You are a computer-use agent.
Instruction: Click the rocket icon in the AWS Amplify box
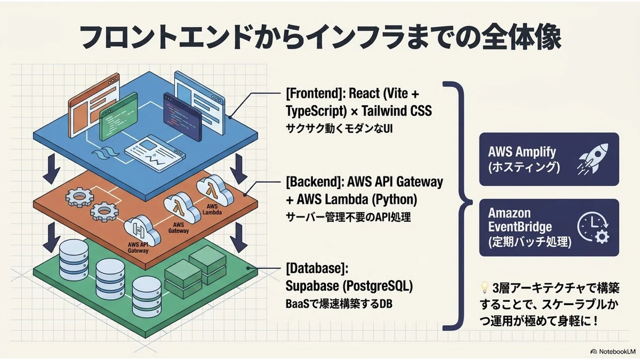coord(593,159)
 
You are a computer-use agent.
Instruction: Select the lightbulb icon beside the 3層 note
coord(484,287)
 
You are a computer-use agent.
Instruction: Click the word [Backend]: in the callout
coord(314,182)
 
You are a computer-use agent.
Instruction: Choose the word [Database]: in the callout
coord(317,268)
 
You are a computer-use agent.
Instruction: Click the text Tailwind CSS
coord(397,111)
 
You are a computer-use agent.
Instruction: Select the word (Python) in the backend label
coord(395,199)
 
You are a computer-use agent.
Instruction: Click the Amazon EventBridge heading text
coord(519,220)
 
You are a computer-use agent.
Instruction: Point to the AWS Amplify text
coord(522,151)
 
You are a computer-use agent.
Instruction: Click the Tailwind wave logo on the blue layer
coord(105,154)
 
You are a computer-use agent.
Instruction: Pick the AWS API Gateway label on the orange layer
coord(138,247)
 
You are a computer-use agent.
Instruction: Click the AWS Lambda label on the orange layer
coord(212,210)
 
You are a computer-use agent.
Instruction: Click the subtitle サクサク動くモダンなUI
coord(339,129)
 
